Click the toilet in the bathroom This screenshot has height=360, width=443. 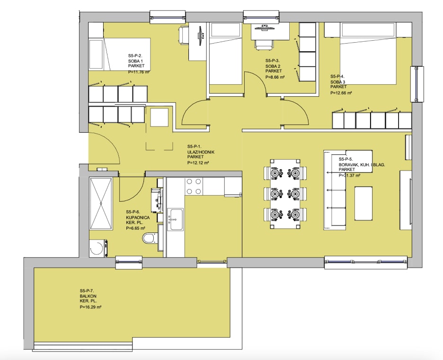[150, 238]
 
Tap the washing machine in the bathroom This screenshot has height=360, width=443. [98, 248]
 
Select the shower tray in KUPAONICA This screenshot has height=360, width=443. [101, 203]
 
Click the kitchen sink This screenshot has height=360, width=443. [175, 219]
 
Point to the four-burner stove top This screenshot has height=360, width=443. [194, 186]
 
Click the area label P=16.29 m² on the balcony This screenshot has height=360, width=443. [90, 306]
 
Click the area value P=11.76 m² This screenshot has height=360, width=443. [138, 72]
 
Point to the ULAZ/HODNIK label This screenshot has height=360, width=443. [201, 152]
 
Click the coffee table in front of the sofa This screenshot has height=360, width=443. [363, 203]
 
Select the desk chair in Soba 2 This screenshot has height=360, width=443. [265, 45]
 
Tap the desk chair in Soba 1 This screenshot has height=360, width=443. [184, 35]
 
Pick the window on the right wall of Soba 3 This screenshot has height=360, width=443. [417, 84]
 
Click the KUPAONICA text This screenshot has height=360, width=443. [138, 217]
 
